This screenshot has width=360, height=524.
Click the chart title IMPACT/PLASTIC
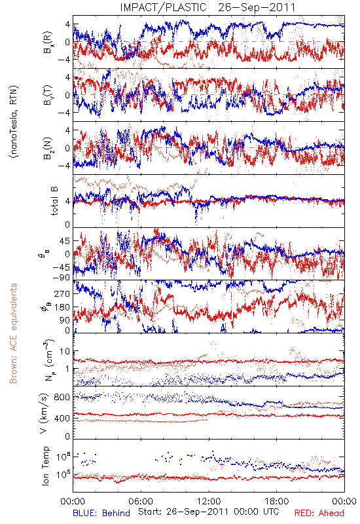[x=163, y=7]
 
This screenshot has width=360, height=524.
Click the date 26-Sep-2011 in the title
[x=257, y=7]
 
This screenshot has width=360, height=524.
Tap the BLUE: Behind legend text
[x=101, y=513]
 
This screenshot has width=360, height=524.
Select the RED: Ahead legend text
[x=319, y=513]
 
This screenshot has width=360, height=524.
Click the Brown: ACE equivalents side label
[x=13, y=333]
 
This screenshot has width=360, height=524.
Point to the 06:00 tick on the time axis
[x=141, y=501]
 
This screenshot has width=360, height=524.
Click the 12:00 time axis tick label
[x=209, y=501]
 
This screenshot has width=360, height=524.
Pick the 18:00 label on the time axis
[x=277, y=501]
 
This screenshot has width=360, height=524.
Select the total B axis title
[x=54, y=201]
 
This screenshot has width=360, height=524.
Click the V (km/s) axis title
[x=44, y=413]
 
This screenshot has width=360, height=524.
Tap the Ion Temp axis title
[x=45, y=466]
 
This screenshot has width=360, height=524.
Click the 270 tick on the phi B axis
[x=62, y=293]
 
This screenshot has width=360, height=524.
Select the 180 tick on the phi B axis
[x=62, y=307]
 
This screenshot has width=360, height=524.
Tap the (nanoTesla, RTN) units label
[x=14, y=121]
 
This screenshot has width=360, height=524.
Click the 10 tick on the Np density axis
[x=65, y=351]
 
